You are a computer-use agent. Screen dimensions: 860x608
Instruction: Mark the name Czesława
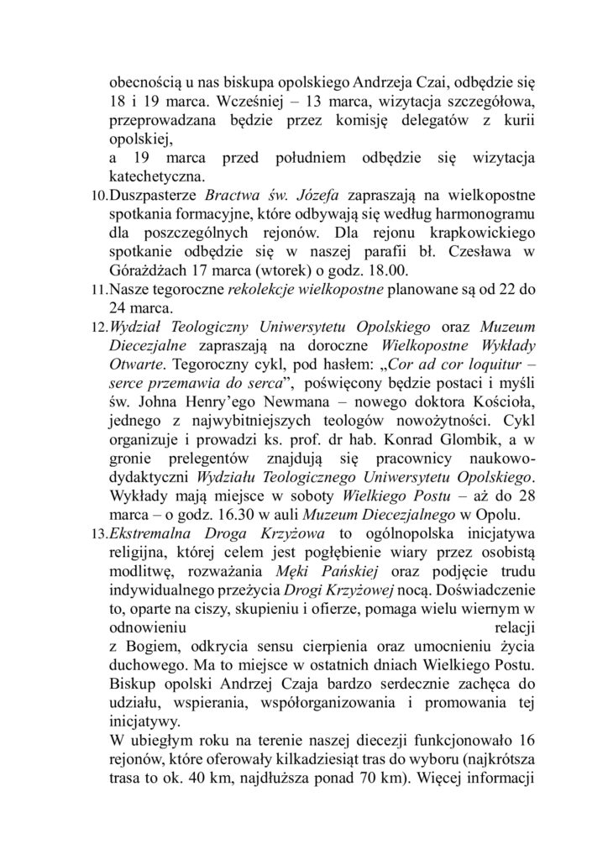pyautogui.click(x=475, y=252)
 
